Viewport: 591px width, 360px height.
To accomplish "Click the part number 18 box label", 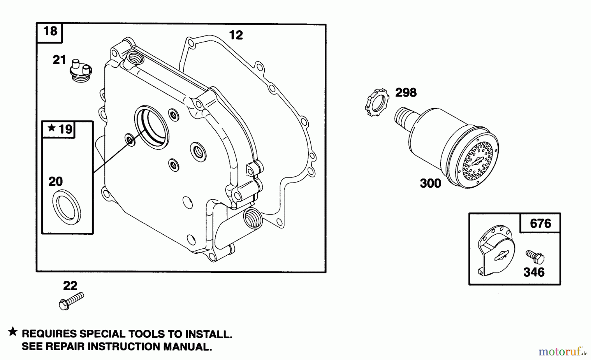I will coord(50,32).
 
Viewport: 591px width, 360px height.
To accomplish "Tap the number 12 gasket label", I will coord(236,35).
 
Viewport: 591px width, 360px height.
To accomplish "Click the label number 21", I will coord(59,60).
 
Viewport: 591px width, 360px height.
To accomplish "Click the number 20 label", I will coord(55,181).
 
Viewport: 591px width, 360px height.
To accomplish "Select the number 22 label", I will coord(70,286).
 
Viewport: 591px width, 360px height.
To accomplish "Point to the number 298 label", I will coord(406,93).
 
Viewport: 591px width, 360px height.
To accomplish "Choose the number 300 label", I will coord(430,183).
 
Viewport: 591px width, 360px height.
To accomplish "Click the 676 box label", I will coord(540,223).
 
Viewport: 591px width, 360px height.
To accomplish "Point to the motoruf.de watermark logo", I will coord(562,352).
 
